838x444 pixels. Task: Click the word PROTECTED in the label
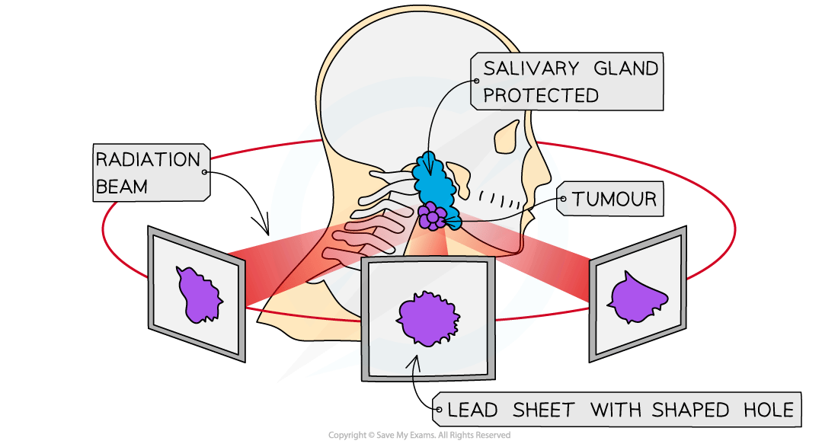(x=541, y=95)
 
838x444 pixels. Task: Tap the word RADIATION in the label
(x=147, y=160)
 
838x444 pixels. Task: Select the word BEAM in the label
(x=122, y=186)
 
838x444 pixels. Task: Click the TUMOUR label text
(x=614, y=200)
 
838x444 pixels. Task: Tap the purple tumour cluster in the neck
(x=432, y=217)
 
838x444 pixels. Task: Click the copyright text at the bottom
(x=419, y=436)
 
